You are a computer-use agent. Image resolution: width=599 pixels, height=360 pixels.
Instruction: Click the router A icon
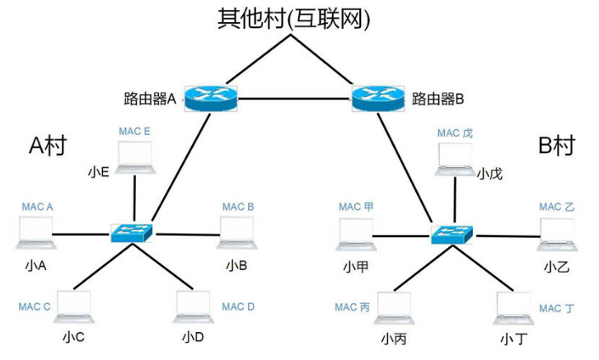click(210, 98)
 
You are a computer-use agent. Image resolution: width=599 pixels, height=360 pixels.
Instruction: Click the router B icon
click(376, 98)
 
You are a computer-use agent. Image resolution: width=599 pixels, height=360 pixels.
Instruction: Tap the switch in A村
click(131, 233)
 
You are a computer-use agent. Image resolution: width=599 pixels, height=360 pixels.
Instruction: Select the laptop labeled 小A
click(34, 233)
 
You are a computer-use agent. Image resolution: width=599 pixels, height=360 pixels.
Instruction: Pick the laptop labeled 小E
click(134, 158)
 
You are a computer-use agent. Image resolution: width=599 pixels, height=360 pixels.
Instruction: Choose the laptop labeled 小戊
click(456, 160)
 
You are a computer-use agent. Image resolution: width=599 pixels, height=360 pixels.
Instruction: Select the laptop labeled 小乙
click(558, 235)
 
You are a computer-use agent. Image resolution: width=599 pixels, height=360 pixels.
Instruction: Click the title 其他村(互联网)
click(293, 18)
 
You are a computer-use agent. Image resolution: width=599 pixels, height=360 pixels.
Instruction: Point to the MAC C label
click(35, 306)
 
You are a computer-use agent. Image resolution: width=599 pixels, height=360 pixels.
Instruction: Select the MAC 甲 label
click(356, 206)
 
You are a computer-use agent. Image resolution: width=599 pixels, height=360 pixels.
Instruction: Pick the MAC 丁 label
click(556, 308)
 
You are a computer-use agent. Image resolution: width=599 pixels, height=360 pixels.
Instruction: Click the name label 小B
click(236, 266)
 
